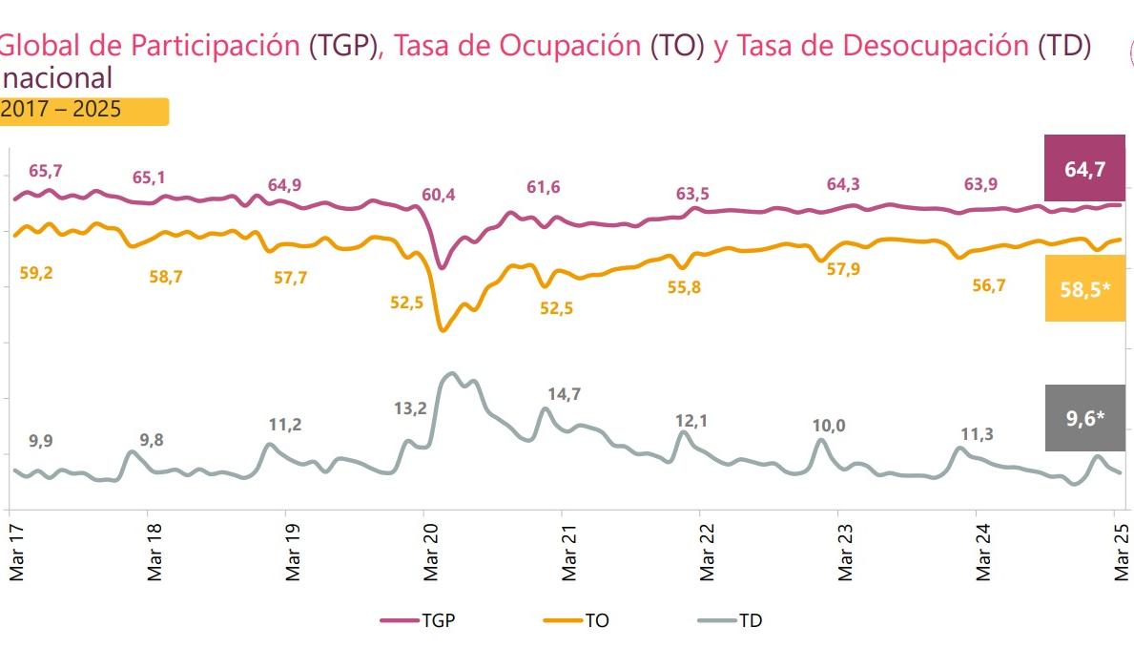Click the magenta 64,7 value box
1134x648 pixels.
click(1085, 169)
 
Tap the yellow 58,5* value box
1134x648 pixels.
click(1085, 288)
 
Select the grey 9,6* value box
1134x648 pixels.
click(1085, 416)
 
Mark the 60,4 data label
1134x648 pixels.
click(439, 196)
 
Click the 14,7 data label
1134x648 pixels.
click(565, 393)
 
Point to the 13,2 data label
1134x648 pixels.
click(410, 408)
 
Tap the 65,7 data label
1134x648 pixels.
click(46, 171)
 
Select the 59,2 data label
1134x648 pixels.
click(36, 273)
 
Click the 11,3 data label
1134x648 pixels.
click(977, 434)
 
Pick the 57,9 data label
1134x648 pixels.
click(843, 270)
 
